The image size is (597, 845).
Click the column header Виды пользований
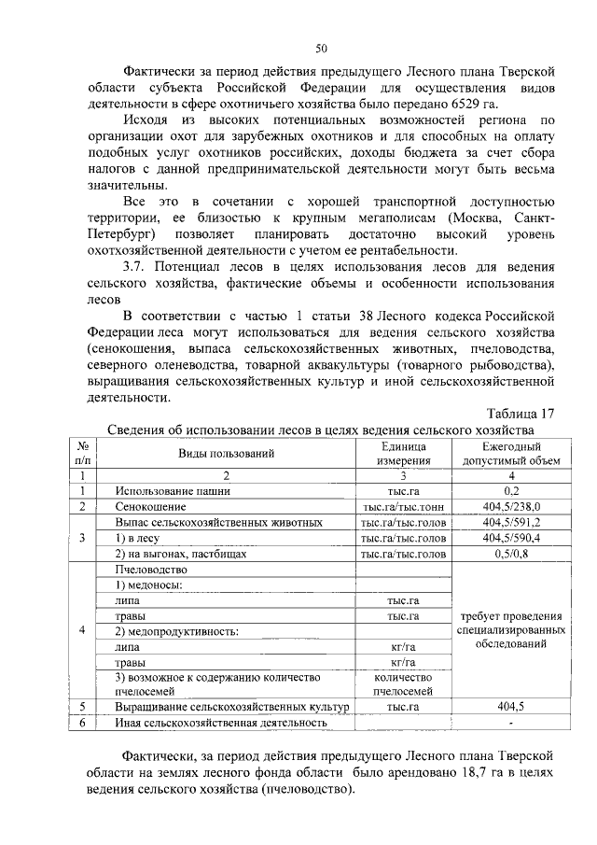(227, 454)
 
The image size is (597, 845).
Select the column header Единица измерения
(403, 454)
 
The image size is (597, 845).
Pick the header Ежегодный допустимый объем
(511, 454)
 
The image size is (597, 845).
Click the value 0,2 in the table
(511, 491)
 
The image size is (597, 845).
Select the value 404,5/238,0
(511, 506)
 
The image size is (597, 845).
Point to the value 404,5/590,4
(511, 539)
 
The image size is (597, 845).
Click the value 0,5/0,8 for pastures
(511, 554)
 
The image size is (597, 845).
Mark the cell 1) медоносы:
(148, 585)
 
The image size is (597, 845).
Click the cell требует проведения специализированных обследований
(511, 632)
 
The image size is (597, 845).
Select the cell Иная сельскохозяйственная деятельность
(221, 723)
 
